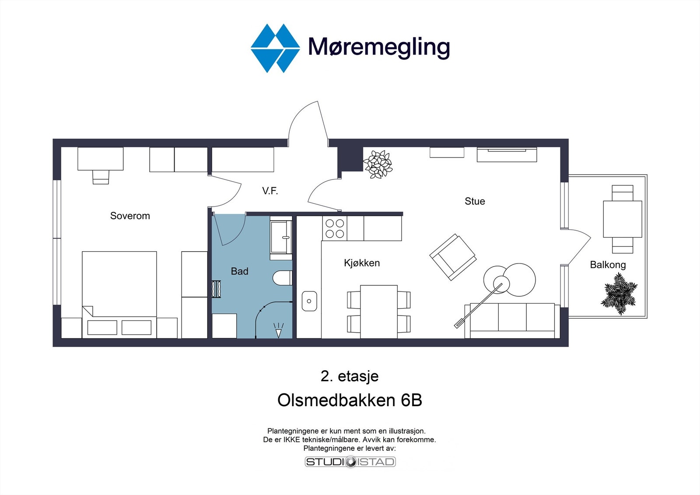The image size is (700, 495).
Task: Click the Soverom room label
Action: coord(130,216)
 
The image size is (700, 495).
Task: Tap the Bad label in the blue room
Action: coord(239,271)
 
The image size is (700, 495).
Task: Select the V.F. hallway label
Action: coord(270,191)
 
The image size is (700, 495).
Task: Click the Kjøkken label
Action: coord(362,263)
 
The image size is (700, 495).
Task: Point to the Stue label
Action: coord(475,201)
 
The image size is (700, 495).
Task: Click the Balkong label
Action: coord(608,265)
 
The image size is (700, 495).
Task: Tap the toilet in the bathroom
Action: coord(283,278)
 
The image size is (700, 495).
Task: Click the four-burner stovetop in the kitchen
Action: coord(335,228)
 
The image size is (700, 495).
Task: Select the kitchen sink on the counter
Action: coord(309,301)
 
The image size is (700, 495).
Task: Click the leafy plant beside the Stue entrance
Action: coord(378,164)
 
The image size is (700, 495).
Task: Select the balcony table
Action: coord(622,219)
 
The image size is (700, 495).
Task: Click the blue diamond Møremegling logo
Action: coord(275,48)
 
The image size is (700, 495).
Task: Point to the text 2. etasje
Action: coord(350,376)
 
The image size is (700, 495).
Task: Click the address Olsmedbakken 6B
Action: coord(350,400)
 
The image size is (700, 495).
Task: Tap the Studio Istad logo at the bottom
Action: coord(350,462)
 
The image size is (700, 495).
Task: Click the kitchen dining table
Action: coord(379,311)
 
